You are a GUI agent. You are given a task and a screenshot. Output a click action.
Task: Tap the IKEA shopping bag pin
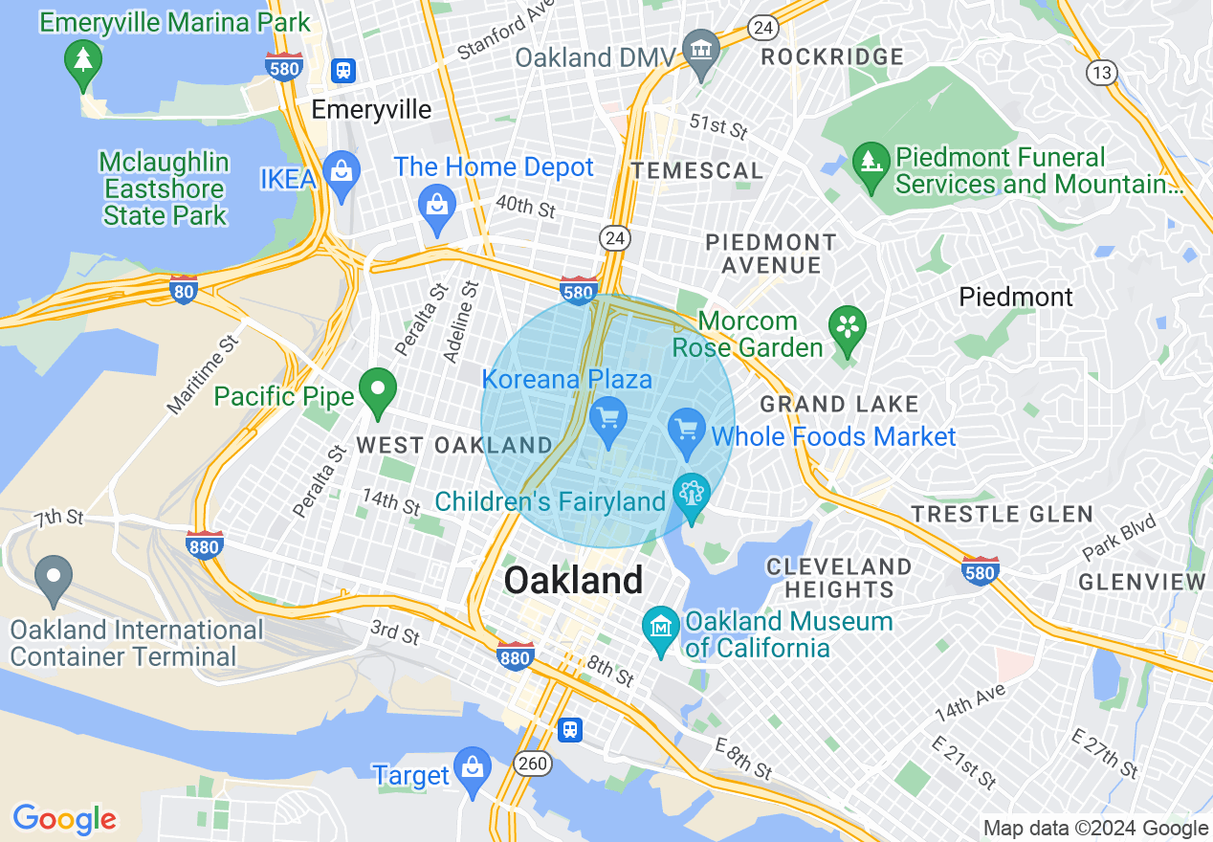coord(340,174)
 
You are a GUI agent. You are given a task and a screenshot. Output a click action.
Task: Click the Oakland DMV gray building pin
coord(701,50)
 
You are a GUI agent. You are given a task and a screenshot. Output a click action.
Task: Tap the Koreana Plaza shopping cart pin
coord(609,420)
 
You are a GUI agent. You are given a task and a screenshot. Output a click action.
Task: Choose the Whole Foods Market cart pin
coord(687,431)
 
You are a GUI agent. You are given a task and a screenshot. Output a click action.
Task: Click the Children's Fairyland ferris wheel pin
coord(691,496)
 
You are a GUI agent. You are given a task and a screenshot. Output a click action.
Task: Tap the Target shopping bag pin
coord(472,768)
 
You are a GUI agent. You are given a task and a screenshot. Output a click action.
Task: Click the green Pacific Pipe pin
coord(377,390)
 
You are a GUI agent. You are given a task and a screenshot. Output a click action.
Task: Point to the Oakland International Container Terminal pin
coord(53,578)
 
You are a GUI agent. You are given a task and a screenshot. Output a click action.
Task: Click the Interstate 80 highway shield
coord(184,290)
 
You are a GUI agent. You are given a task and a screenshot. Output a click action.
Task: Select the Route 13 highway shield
coord(1101,71)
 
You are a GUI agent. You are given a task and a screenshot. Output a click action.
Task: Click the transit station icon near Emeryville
coord(343,70)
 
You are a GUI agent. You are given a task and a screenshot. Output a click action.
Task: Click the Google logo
coord(64,819)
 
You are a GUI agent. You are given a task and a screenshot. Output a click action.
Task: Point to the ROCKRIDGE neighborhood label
coord(831,57)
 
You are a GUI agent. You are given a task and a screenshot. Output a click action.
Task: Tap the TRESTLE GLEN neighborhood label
coord(1002,515)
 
